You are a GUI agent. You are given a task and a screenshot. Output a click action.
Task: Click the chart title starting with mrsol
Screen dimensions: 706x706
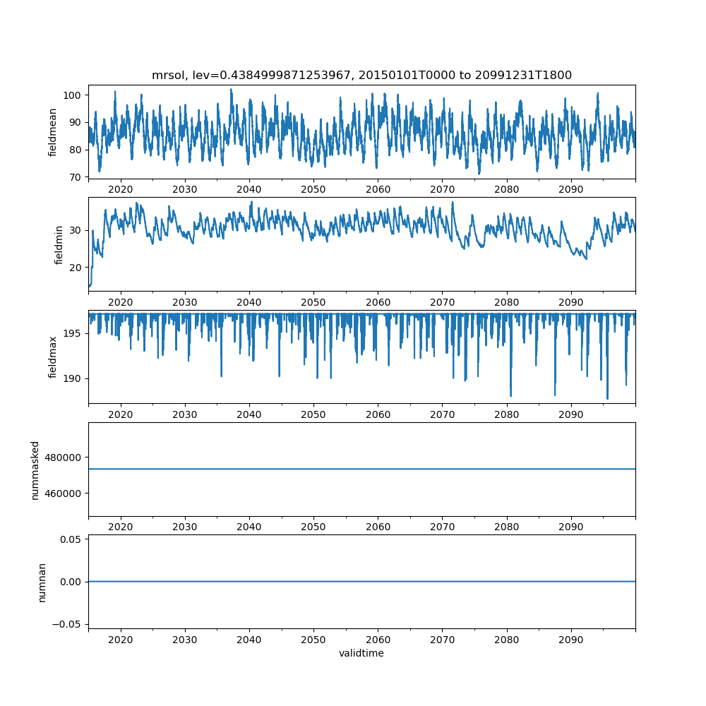pos(361,75)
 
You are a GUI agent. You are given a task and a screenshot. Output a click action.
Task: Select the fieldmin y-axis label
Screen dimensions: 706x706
pos(59,245)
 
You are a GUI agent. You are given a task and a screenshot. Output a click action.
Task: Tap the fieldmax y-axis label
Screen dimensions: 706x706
pos(53,357)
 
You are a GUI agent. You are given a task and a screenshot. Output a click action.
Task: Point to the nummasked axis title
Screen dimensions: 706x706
pos(35,469)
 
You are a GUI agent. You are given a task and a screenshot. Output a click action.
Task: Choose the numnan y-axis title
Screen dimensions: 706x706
pos(42,582)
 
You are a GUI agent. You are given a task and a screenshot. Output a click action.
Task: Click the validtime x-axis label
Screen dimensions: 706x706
pos(361,654)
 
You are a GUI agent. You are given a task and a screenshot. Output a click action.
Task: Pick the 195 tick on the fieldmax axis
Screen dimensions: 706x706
pos(74,333)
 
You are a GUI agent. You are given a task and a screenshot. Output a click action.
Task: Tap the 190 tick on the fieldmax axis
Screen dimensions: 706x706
pos(74,379)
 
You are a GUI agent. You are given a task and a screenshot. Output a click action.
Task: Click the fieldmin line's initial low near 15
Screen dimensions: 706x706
pos(90,285)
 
